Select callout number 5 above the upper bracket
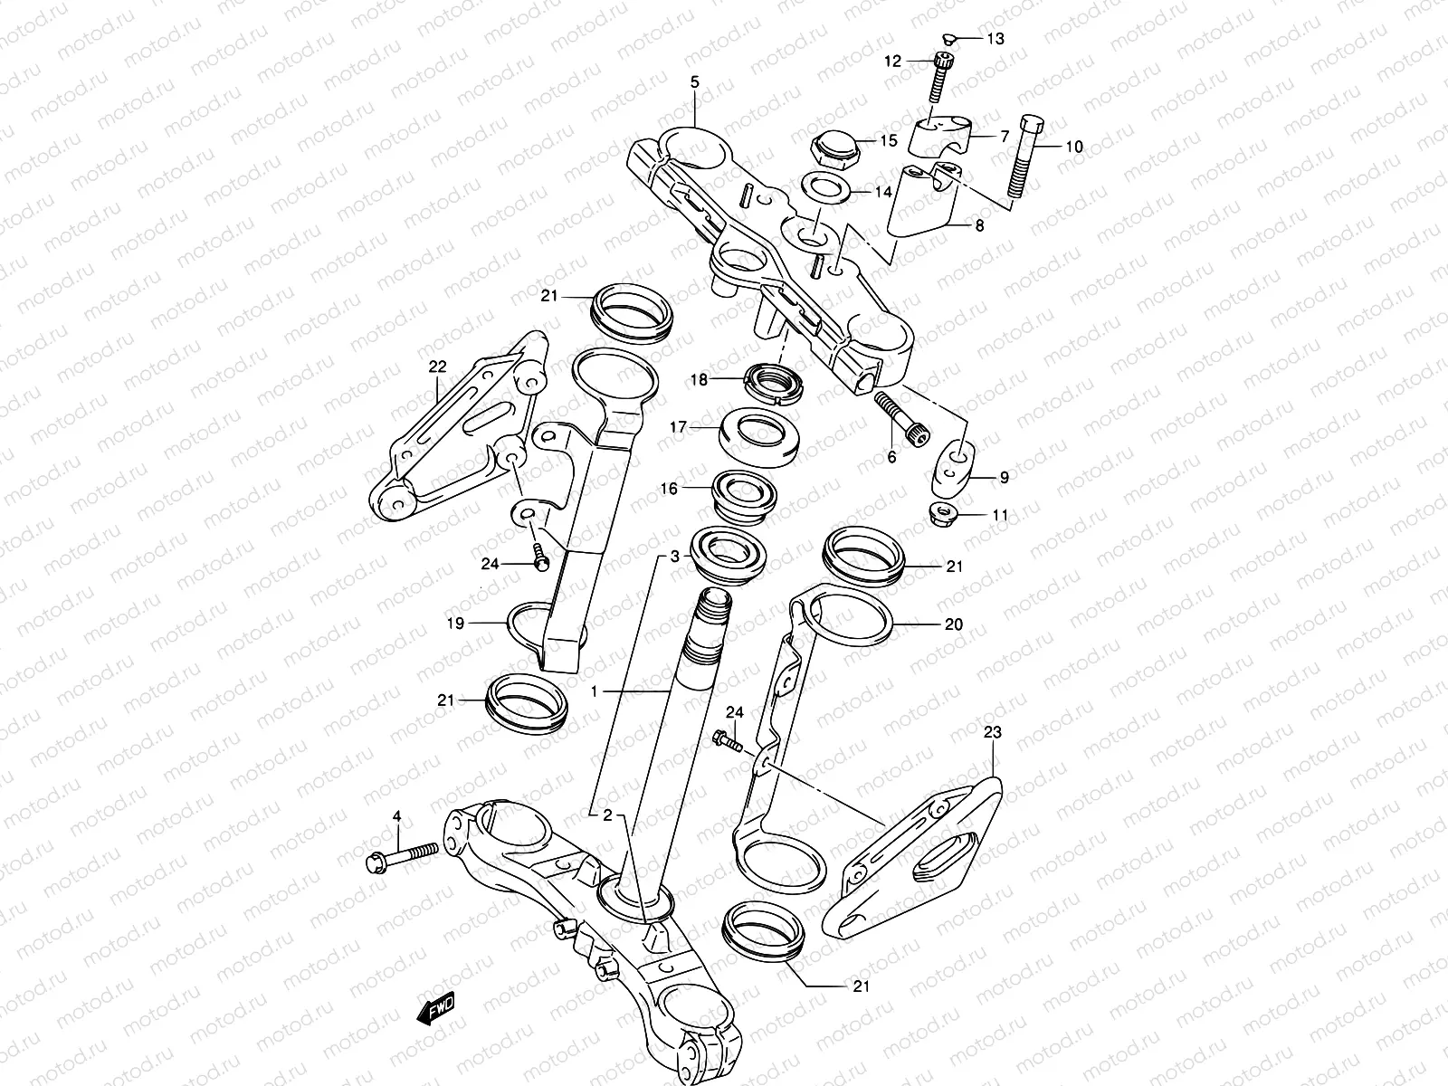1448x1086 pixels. tap(694, 82)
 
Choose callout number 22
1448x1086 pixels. tap(438, 367)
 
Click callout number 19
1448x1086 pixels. tap(455, 623)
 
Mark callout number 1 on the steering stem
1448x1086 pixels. tap(594, 691)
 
